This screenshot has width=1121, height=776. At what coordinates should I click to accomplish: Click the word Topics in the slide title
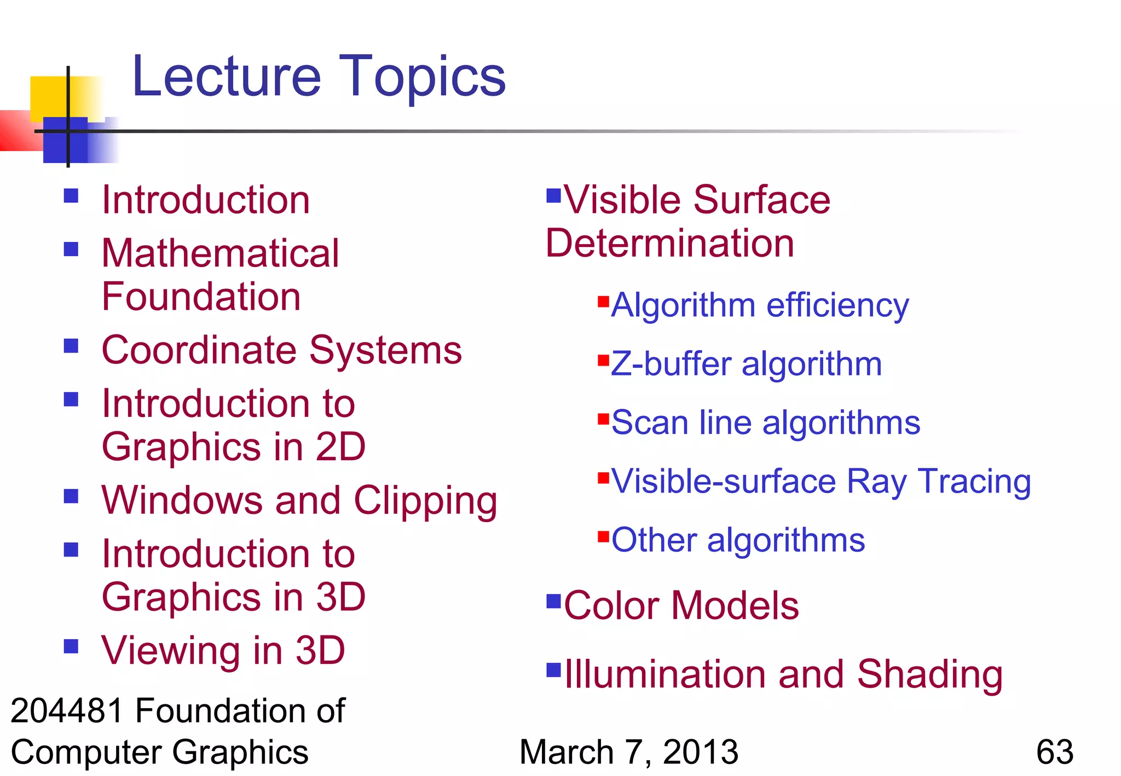(423, 78)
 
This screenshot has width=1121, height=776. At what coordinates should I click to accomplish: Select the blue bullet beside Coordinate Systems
(71, 346)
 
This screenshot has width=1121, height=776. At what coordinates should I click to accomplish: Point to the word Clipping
(425, 501)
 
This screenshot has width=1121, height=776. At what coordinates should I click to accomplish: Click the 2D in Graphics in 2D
(340, 447)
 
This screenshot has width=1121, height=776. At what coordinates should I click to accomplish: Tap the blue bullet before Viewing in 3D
(71, 646)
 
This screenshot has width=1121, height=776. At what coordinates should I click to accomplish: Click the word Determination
(669, 243)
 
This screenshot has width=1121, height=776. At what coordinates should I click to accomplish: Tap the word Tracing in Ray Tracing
(974, 482)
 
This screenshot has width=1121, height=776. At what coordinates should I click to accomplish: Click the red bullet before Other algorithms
(603, 536)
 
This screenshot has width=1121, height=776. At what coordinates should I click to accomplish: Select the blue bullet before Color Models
(554, 601)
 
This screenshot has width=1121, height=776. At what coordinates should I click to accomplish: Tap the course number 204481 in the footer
(67, 711)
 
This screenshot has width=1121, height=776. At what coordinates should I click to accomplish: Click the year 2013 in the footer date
(700, 752)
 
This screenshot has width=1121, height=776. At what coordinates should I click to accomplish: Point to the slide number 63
(1054, 752)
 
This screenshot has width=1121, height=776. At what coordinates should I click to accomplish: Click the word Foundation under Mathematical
(201, 297)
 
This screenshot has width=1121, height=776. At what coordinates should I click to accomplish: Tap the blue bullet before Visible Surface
(554, 195)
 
